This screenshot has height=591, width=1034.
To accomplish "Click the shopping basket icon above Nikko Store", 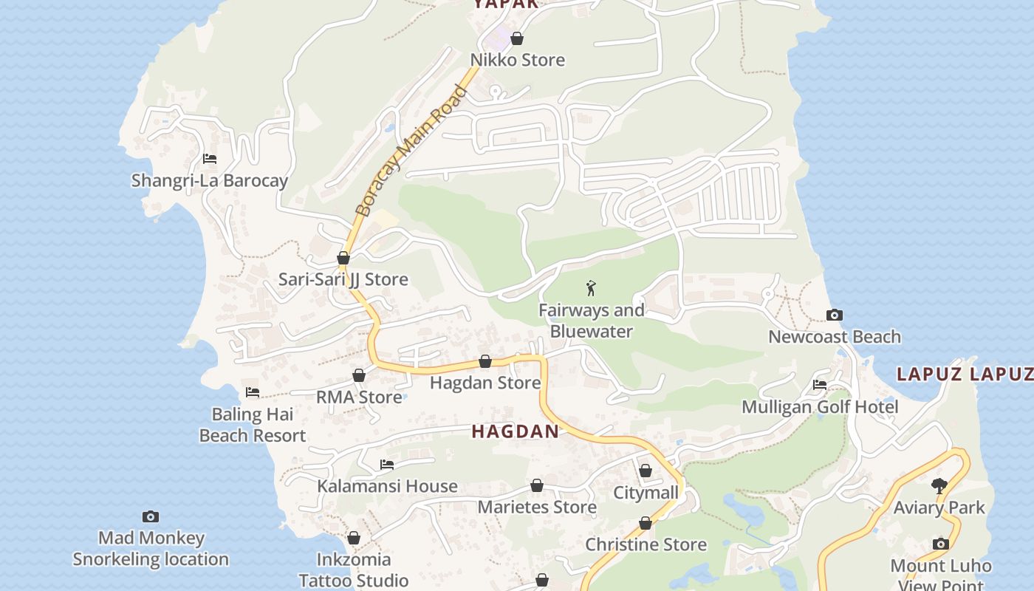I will coord(517,38).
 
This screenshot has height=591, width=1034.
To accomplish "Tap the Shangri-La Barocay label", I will coord(209,180).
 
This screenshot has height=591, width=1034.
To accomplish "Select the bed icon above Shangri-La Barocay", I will coord(210,159).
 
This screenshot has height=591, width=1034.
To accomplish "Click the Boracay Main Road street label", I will coord(411,151).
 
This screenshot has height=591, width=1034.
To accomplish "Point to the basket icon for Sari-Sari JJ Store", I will coord(343,258).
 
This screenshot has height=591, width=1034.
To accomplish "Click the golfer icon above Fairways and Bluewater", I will coord(591,288).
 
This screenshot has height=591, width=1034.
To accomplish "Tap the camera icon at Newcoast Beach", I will coord(834,315).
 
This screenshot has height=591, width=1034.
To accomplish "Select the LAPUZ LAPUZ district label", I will coord(965,374).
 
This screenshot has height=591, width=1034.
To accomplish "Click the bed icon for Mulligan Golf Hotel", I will coord(820,385).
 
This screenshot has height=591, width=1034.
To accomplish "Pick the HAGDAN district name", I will coord(515,431).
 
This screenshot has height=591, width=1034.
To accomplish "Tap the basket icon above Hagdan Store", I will coord(485,361).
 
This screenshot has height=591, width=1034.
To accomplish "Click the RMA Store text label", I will coord(359,397).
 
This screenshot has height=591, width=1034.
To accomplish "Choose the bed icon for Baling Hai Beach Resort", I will coord(253,392).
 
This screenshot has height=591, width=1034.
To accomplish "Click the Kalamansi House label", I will coord(387,486).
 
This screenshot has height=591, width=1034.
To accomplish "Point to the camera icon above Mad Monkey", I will coord(151,516).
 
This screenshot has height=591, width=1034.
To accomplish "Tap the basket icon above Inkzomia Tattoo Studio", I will coord(354,538).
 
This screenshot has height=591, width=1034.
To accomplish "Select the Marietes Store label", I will coord(537,507).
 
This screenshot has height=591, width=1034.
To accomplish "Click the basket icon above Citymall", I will coord(646,471).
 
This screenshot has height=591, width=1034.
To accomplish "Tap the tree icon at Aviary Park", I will coord(939,486).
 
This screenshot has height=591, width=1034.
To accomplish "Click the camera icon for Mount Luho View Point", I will coord(940,544).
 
